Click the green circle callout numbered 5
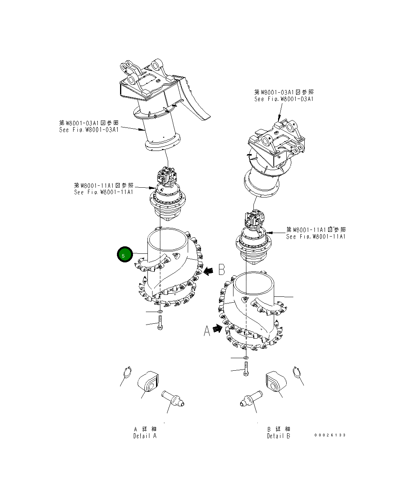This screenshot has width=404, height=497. pos(124,255)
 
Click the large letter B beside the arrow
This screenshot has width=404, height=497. pos(221,269)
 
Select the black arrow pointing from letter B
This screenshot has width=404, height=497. pos(210,270)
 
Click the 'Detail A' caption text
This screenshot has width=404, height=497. pos(145,436)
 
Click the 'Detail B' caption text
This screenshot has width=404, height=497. pos(278,436)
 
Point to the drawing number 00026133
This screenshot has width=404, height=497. pos(330,435)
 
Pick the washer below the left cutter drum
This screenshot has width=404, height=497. pos(160,312)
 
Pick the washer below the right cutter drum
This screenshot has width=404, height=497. pos(245,357)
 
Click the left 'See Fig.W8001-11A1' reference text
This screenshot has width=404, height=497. pos(104,192)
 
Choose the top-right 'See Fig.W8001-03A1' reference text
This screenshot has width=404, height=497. pos(284,99)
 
